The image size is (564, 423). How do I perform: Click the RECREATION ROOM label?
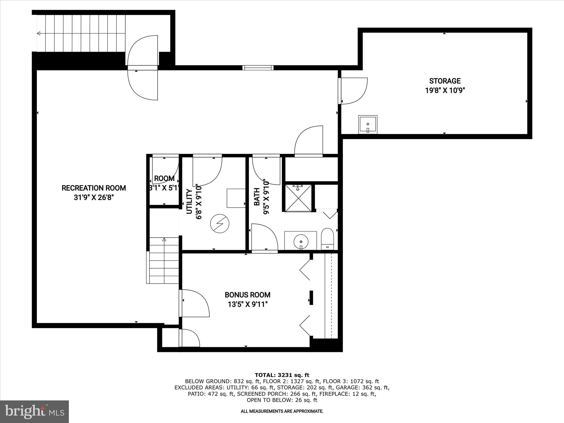pos(94,188)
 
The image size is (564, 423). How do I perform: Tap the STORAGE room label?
pos(445,81)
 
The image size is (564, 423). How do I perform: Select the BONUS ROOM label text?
pos(248,295)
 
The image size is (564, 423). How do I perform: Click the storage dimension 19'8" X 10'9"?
pos(445,91)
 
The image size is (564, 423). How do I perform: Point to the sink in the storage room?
pos(368,125)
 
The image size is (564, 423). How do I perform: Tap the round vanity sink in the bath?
pos(301,242)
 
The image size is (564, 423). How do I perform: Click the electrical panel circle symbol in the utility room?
pos(220,224)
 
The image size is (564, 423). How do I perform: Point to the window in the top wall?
pos(258,68)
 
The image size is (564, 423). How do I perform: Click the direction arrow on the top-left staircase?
pos(39,33)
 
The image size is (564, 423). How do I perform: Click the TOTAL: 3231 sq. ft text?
pos(282,375)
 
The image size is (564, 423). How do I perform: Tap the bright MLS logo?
pos(34,412)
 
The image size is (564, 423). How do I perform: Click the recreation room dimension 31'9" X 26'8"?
pos(94,198)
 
